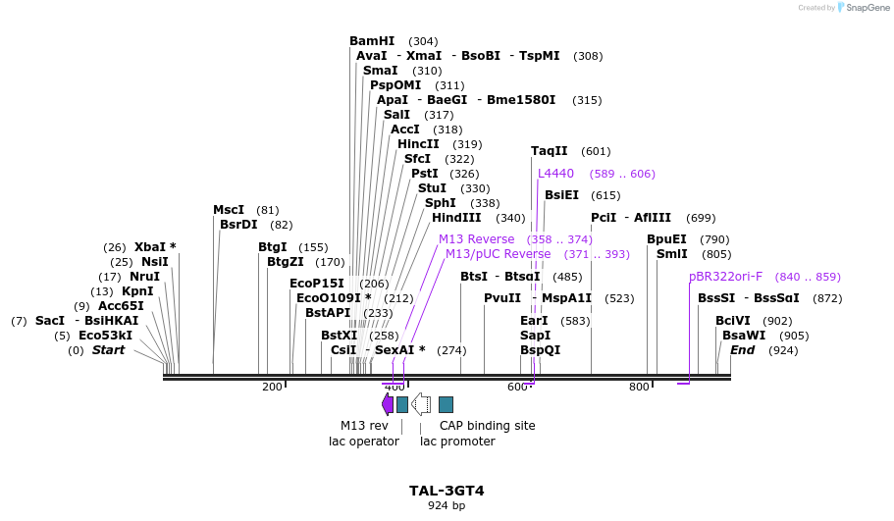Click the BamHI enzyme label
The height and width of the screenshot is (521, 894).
372,41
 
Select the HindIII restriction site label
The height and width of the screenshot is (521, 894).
456,218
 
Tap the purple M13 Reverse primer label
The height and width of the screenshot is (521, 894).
476,239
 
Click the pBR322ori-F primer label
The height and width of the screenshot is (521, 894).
725,277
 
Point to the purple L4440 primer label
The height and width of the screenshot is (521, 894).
555,174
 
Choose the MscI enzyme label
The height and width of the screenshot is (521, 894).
229,210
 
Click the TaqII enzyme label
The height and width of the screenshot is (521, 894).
549,151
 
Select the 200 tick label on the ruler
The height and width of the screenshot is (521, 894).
272,387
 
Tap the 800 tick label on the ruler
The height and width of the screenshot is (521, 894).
639,387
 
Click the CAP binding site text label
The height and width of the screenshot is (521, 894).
487,426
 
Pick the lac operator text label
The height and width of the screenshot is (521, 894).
364,442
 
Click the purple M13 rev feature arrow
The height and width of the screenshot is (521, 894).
387,403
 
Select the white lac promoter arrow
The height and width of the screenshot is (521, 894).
421,403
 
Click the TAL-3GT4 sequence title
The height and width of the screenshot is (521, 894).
447,491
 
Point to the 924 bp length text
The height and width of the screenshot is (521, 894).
447,506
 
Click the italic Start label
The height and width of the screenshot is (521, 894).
108,350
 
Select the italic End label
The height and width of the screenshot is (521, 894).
742,350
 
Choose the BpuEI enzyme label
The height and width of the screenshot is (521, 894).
666,239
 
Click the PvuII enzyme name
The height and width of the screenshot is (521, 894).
502,298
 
